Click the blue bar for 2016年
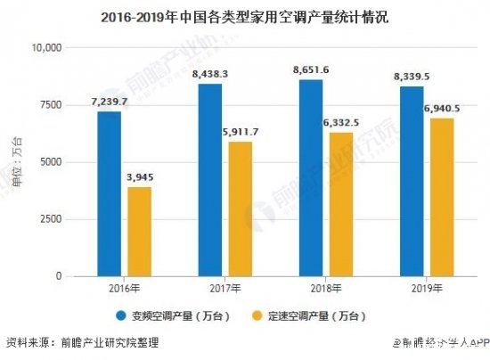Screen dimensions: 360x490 (x=110, y=193)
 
